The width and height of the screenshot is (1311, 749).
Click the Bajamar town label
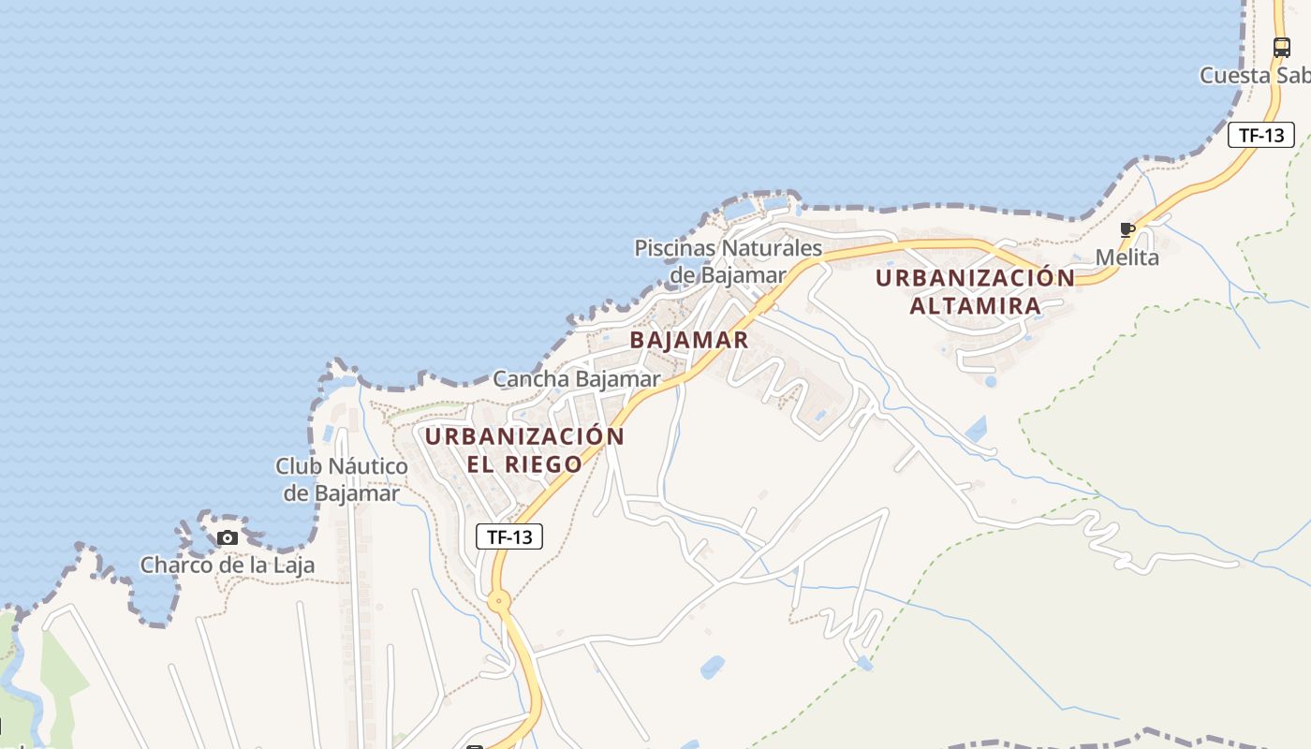pyautogui.click(x=689, y=340)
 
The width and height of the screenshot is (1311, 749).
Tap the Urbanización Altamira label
pyautogui.click(x=976, y=292)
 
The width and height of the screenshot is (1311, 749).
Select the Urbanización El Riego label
pyautogui.click(x=524, y=449)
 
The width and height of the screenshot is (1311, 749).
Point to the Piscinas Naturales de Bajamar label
pyautogui.click(x=729, y=261)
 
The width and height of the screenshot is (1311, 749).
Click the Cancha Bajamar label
pyautogui.click(x=577, y=379)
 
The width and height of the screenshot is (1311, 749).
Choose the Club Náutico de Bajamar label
pyautogui.click(x=342, y=479)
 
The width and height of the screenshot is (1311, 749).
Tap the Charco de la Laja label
pyautogui.click(x=228, y=565)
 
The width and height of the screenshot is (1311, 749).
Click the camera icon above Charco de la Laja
pyautogui.click(x=228, y=537)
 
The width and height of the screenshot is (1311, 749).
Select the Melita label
pyautogui.click(x=1127, y=257)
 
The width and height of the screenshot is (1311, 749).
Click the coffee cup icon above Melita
pyautogui.click(x=1127, y=230)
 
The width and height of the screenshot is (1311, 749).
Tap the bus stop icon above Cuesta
pyautogui.click(x=1281, y=48)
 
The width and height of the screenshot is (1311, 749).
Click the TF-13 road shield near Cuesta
pyautogui.click(x=1261, y=135)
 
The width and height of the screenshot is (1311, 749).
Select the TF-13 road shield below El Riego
pyautogui.click(x=509, y=536)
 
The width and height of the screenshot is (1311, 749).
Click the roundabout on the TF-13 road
pyautogui.click(x=497, y=601)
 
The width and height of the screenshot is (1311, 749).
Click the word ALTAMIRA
pyautogui.click(x=976, y=306)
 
